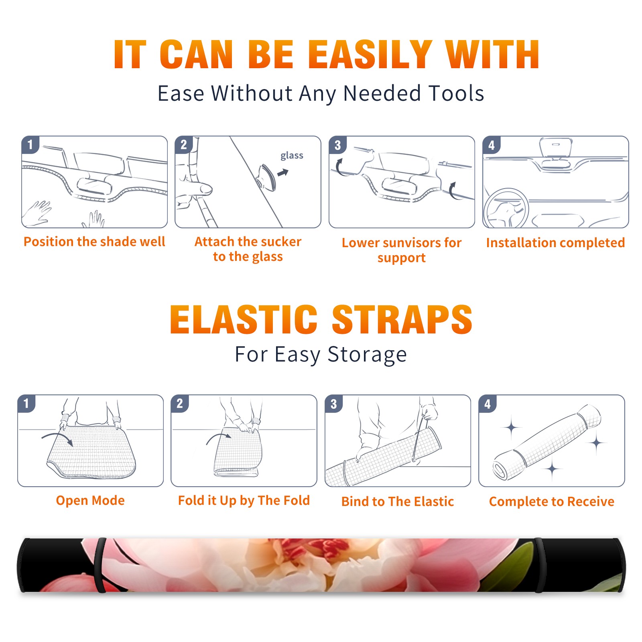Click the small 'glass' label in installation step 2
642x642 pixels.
pos(292,155)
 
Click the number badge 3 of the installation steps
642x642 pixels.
pos(337,145)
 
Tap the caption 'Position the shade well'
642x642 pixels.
pos(94,242)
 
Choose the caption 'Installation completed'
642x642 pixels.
pos(555,243)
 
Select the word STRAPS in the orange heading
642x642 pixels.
pos(402,319)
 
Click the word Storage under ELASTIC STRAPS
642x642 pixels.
pos(367,355)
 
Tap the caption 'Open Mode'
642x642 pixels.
pos(90,500)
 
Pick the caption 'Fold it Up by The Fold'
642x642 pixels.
pos(244,500)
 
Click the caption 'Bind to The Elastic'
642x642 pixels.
pos(398,502)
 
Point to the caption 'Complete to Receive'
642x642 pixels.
pos(552,502)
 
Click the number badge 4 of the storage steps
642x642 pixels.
pos(488,404)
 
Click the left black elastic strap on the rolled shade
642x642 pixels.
pos(100,565)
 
